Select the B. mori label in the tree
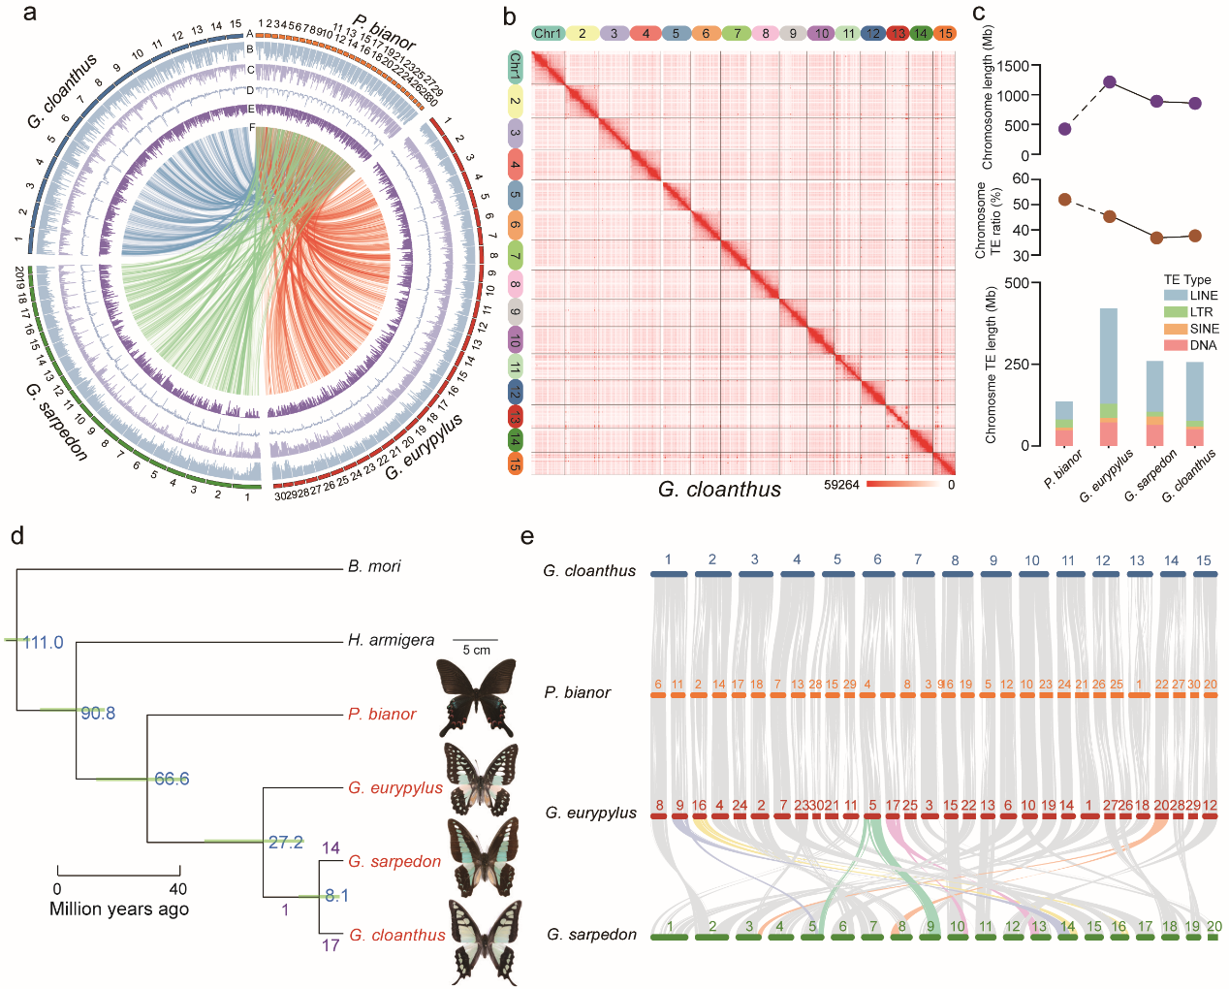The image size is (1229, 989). (374, 566)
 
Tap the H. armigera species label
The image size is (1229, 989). (391, 640)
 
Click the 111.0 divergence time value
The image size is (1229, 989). (43, 643)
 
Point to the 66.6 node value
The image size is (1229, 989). (172, 780)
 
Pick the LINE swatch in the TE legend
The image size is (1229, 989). (1175, 296)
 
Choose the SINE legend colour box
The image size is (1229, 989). (1175, 329)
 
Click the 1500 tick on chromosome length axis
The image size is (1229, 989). (1013, 66)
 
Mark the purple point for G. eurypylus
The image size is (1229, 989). (1110, 82)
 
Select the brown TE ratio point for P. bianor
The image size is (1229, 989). (1064, 200)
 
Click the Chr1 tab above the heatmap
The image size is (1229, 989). (548, 34)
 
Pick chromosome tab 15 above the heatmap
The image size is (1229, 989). (944, 34)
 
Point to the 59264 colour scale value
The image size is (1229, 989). (841, 485)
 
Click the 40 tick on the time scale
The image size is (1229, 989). (178, 889)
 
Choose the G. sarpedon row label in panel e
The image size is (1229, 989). (591, 935)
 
